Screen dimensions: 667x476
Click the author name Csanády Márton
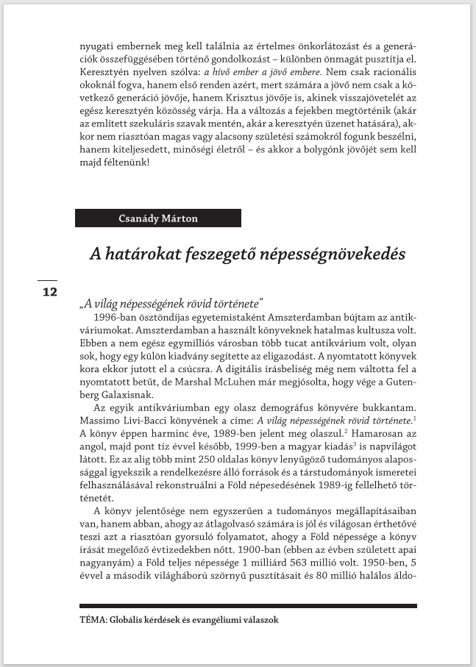158,218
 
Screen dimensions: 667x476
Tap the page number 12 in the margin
49,292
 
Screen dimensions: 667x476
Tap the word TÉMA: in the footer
95,620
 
